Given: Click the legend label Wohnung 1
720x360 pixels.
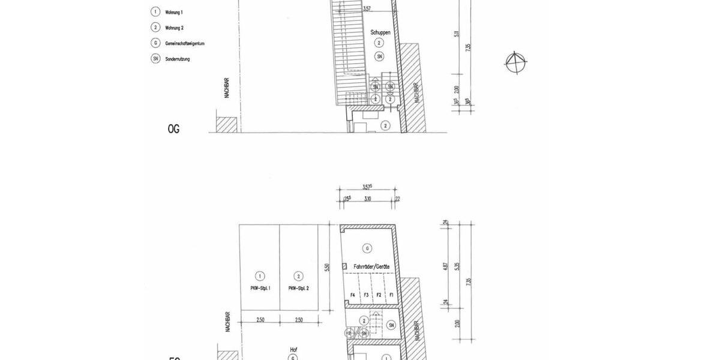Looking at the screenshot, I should point(174,12).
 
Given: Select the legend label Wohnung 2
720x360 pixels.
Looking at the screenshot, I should point(174,28).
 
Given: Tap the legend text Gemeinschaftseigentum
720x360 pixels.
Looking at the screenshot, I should point(185,43).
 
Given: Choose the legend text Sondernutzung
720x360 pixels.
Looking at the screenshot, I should point(177,59).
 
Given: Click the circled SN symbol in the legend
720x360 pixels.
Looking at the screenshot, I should point(155,59).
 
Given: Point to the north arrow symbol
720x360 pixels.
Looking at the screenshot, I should point(515,62).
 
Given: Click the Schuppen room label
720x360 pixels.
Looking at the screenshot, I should point(380,32).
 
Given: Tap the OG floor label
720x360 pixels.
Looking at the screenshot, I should point(173,128).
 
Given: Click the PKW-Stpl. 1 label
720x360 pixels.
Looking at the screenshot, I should point(260,288).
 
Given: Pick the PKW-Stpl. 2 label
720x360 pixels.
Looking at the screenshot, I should point(298,288).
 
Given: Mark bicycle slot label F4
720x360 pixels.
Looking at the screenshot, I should point(353,295).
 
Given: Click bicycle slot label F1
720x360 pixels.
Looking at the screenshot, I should point(391,295).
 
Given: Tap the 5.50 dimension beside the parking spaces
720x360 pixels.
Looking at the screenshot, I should point(327,268).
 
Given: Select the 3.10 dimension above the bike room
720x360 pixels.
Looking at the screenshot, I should point(368,199).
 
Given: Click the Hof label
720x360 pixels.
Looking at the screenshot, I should point(293,349).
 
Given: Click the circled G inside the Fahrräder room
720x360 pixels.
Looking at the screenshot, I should point(367,248).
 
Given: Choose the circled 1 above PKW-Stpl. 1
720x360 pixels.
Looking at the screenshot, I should point(260,276).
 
